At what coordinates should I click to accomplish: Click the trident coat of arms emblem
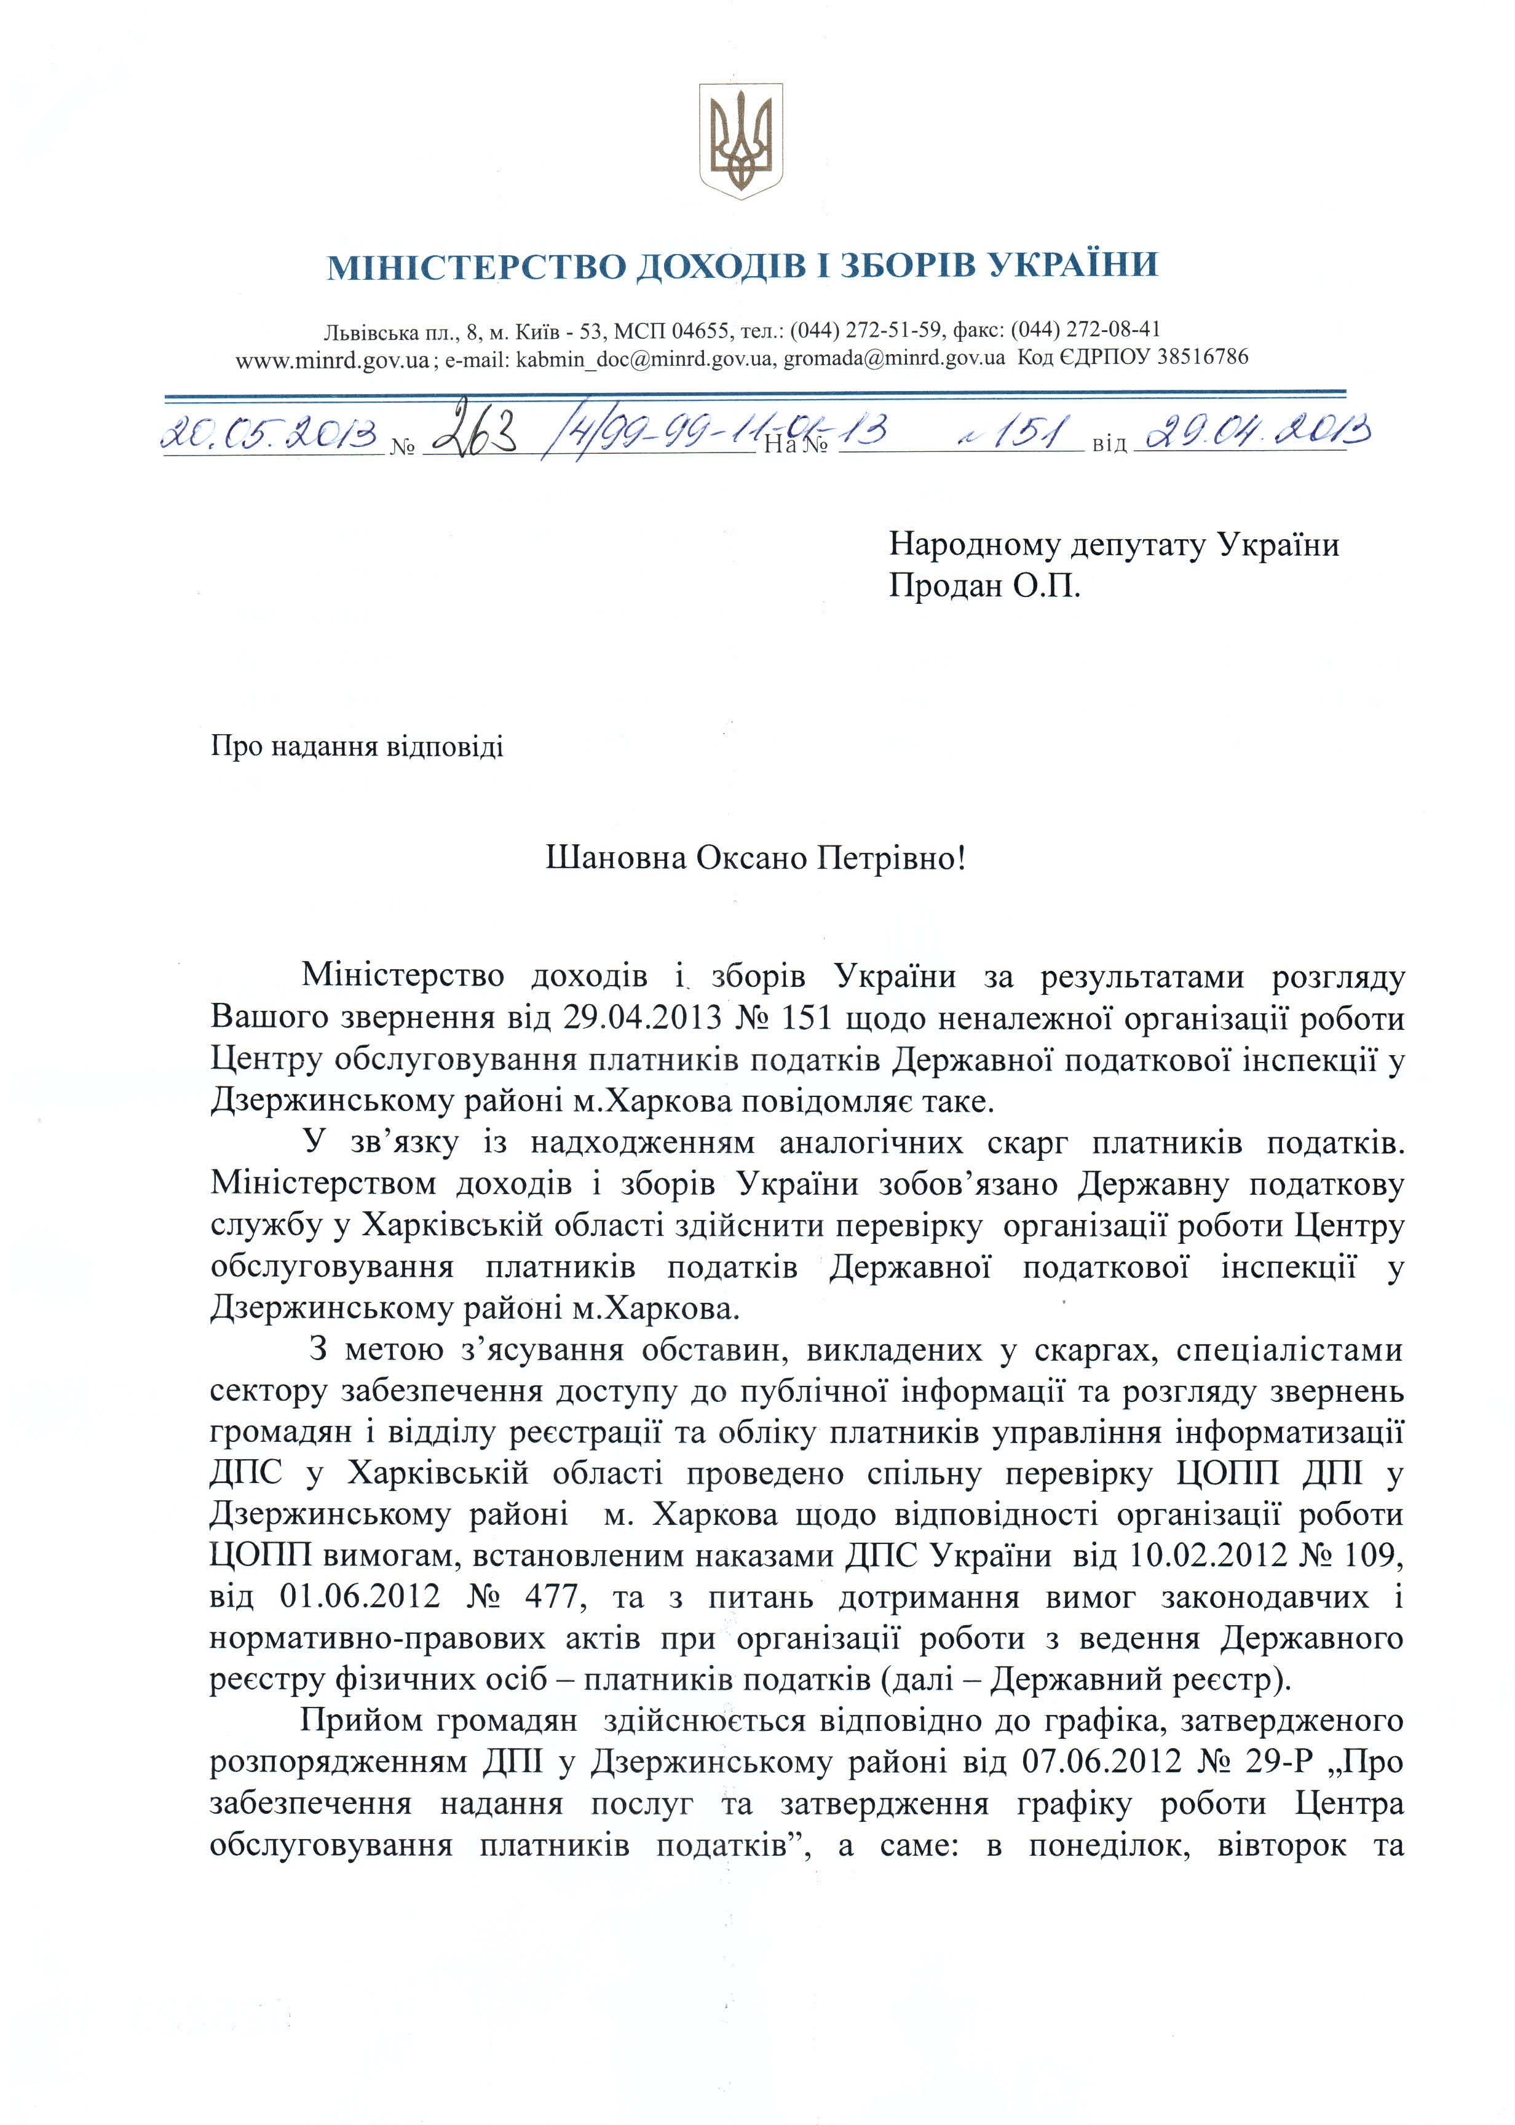742,140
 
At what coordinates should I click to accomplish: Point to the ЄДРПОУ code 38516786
1201,357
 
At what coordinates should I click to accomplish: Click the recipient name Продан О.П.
984,586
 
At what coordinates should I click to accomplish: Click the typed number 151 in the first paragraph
803,1018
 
